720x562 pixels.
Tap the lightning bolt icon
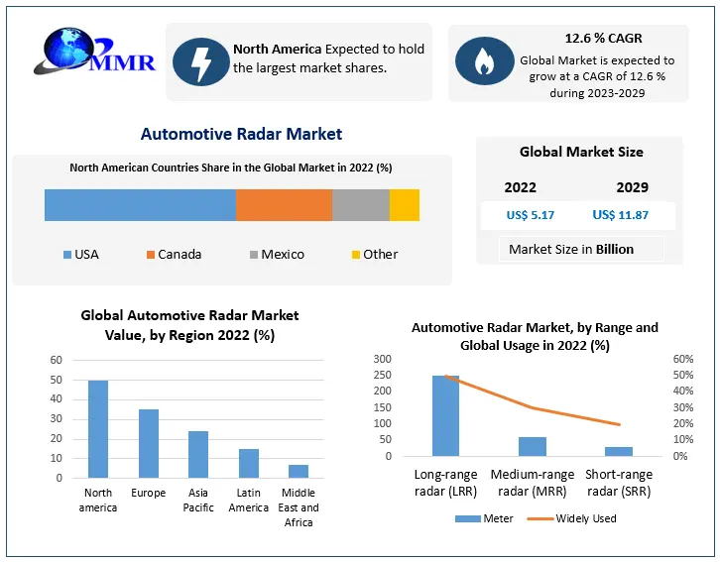(x=200, y=61)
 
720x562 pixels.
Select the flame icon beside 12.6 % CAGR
(x=484, y=61)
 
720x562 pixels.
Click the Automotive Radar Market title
(x=241, y=134)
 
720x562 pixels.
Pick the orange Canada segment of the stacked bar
(x=284, y=204)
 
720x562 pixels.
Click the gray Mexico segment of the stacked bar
(x=360, y=204)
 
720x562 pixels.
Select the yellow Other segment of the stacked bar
(x=404, y=204)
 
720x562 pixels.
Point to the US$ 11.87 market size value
(x=620, y=215)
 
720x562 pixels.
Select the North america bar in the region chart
(x=98, y=429)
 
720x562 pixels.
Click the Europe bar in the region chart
(x=149, y=443)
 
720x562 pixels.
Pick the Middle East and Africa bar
(x=299, y=471)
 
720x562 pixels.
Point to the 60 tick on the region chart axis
(x=56, y=360)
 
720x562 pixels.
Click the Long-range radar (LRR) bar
(x=445, y=415)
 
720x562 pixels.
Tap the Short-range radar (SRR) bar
(x=619, y=451)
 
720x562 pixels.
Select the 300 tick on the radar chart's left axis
(x=382, y=359)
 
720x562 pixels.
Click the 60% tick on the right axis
(x=682, y=359)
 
